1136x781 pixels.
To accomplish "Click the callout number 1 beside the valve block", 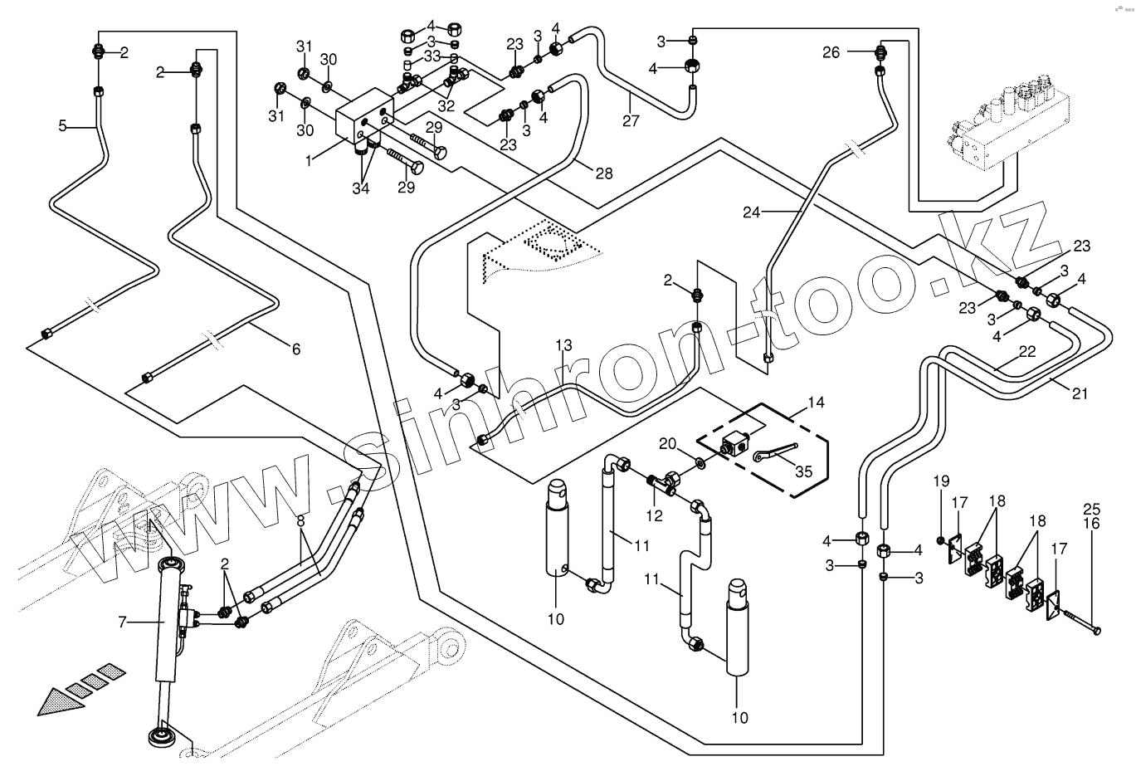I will tap(308, 159).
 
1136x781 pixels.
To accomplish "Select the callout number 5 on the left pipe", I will tap(62, 126).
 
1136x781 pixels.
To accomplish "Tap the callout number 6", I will tap(295, 349).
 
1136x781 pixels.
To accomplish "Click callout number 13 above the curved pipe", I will tap(564, 345).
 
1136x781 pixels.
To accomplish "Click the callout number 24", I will tap(751, 212).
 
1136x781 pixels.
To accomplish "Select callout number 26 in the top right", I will tap(831, 52).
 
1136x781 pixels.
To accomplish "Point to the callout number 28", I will tap(603, 173).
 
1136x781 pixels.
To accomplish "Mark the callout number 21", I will tap(1079, 394).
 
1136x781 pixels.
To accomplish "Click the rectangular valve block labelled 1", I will tap(363, 121).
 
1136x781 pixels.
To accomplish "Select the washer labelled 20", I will tap(701, 461).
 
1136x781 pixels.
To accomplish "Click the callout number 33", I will tap(431, 56).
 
